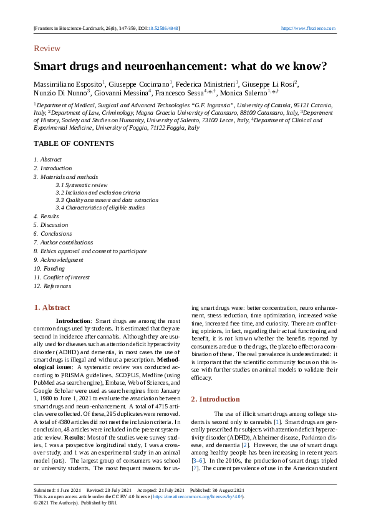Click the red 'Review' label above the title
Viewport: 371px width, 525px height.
pyautogui.click(x=47, y=49)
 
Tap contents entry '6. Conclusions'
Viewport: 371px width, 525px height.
pyautogui.click(x=52, y=233)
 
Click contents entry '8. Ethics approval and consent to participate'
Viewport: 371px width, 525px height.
pyautogui.click(x=90, y=251)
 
